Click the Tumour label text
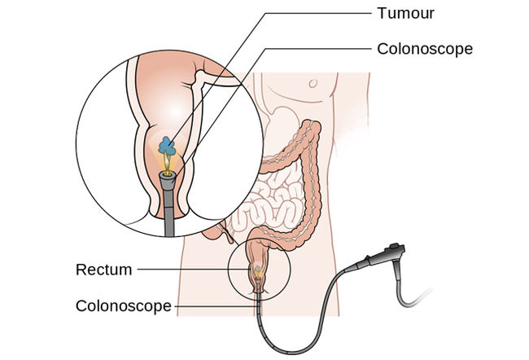pyautogui.click(x=405, y=13)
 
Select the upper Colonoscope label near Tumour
pyautogui.click(x=425, y=49)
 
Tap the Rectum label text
pyautogui.click(x=104, y=270)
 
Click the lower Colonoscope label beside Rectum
pyautogui.click(x=124, y=306)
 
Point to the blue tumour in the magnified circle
pyautogui.click(x=167, y=146)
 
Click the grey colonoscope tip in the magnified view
pyautogui.click(x=168, y=182)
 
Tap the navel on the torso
pyautogui.click(x=313, y=83)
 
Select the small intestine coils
pyautogui.click(x=270, y=203)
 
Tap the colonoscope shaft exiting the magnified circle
pyautogui.click(x=168, y=213)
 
